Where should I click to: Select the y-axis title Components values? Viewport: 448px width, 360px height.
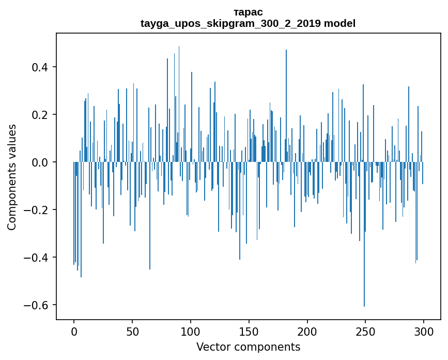[12, 177]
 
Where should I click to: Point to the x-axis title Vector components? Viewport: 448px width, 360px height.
[248, 347]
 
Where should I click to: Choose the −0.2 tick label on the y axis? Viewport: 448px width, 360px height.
[38, 210]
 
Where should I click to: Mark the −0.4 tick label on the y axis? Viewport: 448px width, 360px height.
[38, 258]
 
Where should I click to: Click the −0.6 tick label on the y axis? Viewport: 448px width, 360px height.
[38, 305]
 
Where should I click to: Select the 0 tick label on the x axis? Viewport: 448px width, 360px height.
[74, 331]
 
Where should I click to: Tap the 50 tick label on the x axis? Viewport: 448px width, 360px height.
[132, 331]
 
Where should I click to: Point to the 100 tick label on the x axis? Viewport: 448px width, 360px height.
[191, 331]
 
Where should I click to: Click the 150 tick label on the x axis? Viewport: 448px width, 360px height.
[249, 331]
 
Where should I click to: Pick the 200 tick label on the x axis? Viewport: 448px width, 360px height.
[307, 331]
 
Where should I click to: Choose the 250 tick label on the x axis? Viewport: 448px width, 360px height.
[366, 331]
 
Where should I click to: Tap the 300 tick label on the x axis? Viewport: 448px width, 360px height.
[424, 331]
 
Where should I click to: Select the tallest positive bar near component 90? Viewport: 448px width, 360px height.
[179, 103]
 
